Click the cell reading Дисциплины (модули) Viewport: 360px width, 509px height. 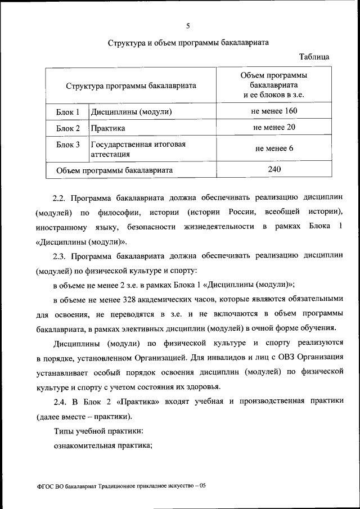click(131, 111)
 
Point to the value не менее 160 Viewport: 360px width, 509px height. click(274, 111)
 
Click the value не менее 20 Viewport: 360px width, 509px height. click(274, 127)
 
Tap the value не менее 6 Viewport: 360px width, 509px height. click(274, 148)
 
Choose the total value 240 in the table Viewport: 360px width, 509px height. click(274, 169)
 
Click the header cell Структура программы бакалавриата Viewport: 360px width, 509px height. click(130, 86)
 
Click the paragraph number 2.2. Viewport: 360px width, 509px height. click(60, 198)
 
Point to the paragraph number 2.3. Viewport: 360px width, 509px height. click(60, 256)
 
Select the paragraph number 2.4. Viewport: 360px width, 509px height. click(60, 401)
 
